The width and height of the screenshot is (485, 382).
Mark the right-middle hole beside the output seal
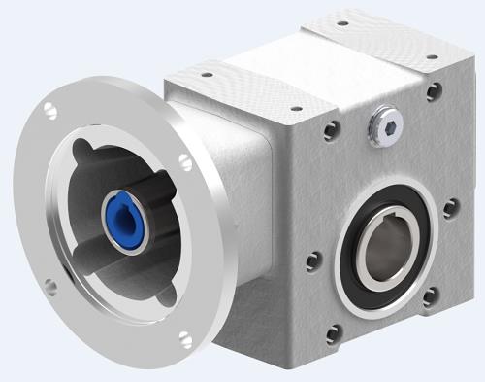tap(448, 208)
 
